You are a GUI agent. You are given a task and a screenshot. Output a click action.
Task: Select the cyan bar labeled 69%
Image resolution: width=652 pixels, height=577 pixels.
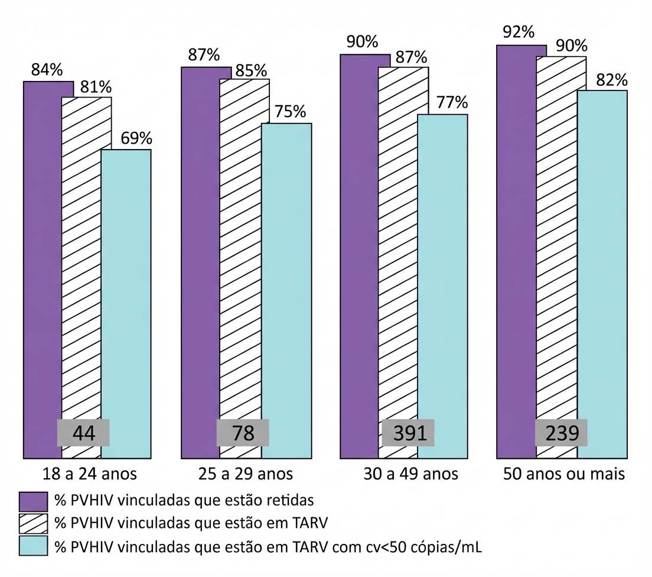[x=126, y=304]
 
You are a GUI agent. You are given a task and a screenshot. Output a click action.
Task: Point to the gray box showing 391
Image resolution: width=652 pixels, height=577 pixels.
[x=408, y=433]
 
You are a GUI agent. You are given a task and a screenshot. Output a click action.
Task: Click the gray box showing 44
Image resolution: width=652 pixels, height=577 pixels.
[x=83, y=433]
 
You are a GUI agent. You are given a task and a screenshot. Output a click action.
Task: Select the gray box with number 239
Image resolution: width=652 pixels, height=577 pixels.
[x=562, y=433]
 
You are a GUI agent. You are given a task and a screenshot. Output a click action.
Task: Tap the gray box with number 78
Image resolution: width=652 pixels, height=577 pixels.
[x=243, y=433]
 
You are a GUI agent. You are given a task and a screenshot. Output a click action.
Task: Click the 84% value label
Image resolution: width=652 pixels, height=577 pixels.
[x=47, y=70]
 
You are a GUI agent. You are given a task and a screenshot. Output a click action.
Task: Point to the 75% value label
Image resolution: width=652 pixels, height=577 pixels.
[x=290, y=112]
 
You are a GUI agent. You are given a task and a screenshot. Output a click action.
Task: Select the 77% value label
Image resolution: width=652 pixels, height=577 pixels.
[x=452, y=102]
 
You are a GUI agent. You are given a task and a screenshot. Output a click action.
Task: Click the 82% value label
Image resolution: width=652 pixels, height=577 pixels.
[x=612, y=80]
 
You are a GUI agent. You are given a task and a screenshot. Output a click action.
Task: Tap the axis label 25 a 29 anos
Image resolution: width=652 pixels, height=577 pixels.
[x=245, y=474]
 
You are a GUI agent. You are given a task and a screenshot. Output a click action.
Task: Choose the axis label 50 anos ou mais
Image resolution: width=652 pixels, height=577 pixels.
[x=564, y=474]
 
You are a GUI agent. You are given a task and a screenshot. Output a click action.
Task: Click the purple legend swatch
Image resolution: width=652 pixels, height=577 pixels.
[x=33, y=501]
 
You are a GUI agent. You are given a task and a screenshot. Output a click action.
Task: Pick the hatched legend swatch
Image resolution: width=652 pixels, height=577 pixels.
[x=33, y=524]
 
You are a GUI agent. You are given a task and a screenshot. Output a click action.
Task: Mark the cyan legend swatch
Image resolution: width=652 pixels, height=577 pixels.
[x=33, y=546]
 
